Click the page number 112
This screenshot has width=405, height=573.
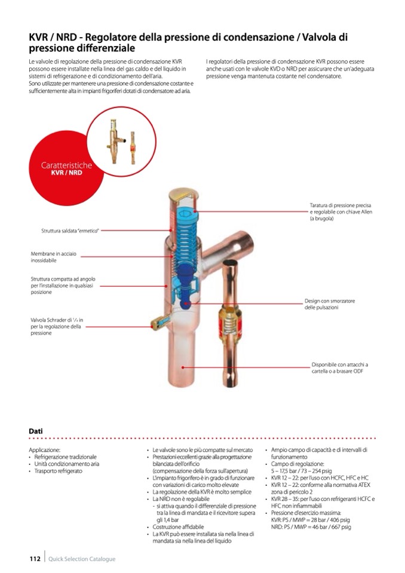coord(35,559)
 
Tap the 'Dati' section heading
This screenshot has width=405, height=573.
coord(36,431)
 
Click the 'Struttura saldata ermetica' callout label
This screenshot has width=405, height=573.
coord(70,231)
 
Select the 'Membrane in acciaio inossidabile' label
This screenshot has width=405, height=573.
coord(54,257)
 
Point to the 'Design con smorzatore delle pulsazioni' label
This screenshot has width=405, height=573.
coord(330,304)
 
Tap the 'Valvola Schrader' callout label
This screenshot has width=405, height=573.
coord(57,326)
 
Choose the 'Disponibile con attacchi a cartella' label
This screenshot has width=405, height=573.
coord(340,367)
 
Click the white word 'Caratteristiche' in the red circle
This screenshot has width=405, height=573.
coord(66,165)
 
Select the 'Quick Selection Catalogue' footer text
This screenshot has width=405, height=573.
coord(82,559)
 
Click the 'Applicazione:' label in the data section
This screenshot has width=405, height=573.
coord(45,450)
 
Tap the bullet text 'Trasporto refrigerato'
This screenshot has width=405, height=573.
coord(59,471)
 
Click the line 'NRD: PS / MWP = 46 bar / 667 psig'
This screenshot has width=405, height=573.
coord(311,527)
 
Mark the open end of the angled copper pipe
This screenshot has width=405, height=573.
coord(245,241)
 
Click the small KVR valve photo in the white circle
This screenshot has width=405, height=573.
coord(116,140)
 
